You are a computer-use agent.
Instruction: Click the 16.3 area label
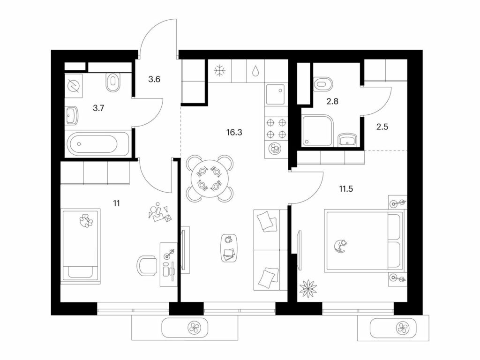(234, 132)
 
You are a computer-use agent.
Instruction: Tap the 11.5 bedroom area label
(345, 188)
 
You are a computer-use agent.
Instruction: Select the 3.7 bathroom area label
(98, 108)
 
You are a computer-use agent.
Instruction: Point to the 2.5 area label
(382, 127)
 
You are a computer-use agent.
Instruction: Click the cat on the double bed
(340, 246)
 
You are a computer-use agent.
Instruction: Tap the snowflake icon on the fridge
(220, 71)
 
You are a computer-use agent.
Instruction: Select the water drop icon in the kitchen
(255, 71)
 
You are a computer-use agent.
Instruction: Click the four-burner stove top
(277, 128)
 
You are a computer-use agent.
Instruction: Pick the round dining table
(210, 179)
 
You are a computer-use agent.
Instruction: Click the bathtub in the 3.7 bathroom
(98, 144)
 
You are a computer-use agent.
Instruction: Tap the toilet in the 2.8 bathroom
(323, 83)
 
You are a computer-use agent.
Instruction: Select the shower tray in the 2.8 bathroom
(317, 130)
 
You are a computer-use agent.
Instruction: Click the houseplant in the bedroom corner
(308, 288)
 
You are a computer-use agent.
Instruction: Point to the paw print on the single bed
(86, 219)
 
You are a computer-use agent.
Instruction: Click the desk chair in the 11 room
(147, 266)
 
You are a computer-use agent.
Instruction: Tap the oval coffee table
(229, 247)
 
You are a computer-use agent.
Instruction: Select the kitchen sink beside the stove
(277, 95)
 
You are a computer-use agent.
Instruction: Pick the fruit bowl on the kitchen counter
(274, 148)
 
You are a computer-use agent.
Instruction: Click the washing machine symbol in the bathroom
(74, 85)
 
